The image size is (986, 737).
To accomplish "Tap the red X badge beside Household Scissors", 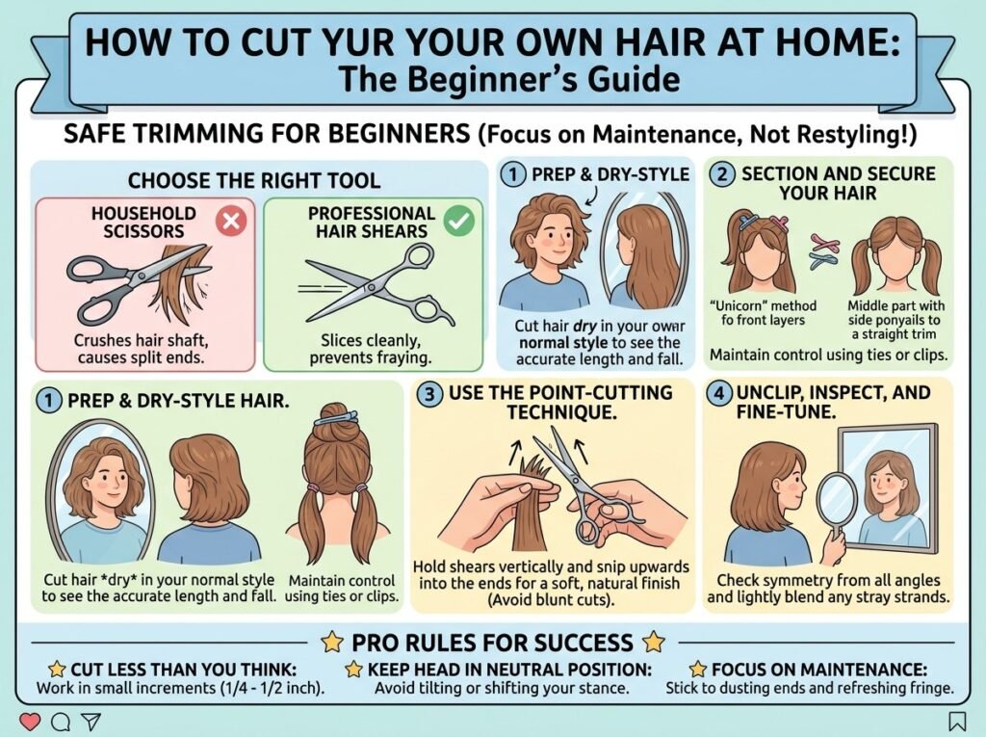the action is pos(231,222).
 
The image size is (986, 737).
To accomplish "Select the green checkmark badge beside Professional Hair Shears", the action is pos(459,221).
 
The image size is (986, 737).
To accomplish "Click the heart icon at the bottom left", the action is pos(30,721).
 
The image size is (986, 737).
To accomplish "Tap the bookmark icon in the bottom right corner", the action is pos(958,721).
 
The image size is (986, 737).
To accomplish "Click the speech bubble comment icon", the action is pos(60,722).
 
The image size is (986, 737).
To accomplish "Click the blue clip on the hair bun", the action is pos(337,418).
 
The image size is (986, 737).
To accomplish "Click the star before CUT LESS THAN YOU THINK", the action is pos(58,669).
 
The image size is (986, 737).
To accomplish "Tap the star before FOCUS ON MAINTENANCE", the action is pos(698,669).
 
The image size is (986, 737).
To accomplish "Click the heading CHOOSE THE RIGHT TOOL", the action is pos(254,181).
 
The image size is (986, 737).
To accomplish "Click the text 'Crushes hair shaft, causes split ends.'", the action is pos(141,350).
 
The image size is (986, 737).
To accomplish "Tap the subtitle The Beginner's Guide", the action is pos(508,80).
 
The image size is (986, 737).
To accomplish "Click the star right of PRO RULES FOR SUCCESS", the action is pos(654,643).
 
